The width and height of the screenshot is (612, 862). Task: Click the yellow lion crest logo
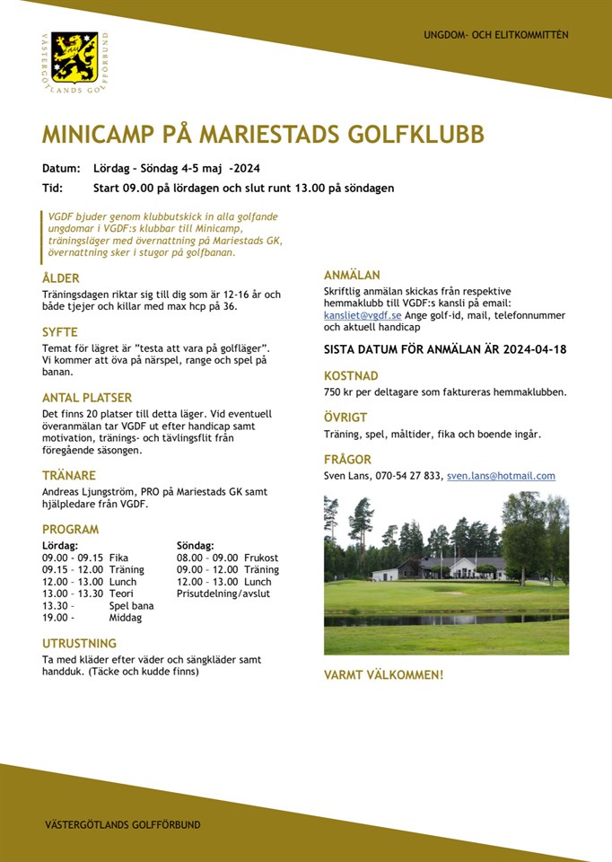(x=74, y=57)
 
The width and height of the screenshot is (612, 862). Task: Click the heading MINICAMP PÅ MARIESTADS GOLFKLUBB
(x=263, y=135)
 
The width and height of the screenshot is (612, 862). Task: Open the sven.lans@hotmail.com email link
(x=501, y=476)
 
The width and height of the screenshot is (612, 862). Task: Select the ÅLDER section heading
(x=61, y=278)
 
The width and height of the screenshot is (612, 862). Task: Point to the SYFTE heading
(x=60, y=331)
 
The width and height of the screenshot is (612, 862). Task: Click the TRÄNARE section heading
(x=69, y=475)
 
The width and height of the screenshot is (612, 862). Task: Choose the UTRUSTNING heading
(x=80, y=643)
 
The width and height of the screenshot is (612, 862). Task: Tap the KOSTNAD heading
(x=351, y=375)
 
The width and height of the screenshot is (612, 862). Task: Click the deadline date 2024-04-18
(x=535, y=349)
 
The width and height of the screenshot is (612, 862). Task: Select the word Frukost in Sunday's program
(x=261, y=558)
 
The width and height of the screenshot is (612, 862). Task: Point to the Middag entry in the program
(x=125, y=618)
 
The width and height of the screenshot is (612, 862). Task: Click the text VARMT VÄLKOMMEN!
(x=383, y=674)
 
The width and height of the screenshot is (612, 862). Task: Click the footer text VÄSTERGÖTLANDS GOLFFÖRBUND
(x=123, y=824)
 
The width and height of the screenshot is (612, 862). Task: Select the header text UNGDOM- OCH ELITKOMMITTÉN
(x=496, y=35)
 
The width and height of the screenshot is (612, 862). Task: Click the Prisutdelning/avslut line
(x=223, y=594)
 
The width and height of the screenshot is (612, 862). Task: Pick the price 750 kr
(x=338, y=391)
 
